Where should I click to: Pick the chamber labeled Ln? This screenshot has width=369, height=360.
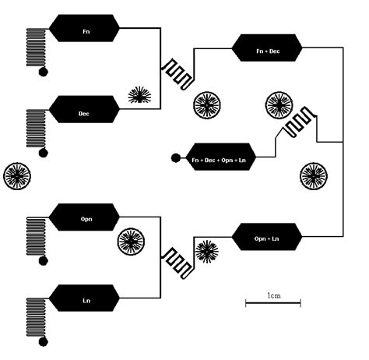(84, 297)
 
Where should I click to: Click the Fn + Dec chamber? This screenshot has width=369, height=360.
(268, 49)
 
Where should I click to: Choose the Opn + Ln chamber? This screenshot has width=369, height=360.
(268, 237)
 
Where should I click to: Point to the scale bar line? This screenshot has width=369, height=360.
(272, 303)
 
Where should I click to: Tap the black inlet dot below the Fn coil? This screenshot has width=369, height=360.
(44, 72)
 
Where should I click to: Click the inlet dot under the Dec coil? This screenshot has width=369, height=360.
(44, 152)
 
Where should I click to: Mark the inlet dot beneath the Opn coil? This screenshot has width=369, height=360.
(44, 260)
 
